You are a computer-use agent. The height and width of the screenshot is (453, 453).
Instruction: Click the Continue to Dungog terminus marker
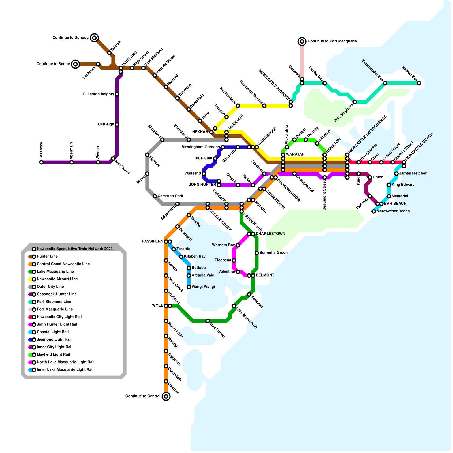(x=95, y=37)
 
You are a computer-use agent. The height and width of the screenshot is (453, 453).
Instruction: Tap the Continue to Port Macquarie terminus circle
(x=302, y=41)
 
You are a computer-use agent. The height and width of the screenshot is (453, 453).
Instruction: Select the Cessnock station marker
(x=41, y=162)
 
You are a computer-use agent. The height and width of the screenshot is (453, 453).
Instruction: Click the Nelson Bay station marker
(x=419, y=83)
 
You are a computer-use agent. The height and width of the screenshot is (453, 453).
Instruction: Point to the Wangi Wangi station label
(x=203, y=287)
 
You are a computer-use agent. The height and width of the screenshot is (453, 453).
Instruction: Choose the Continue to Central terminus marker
(x=166, y=396)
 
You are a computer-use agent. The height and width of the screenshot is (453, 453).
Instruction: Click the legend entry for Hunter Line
(x=47, y=257)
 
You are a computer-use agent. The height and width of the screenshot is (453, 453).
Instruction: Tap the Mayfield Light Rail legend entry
(x=53, y=354)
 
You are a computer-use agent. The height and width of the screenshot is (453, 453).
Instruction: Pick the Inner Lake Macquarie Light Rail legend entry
(x=65, y=369)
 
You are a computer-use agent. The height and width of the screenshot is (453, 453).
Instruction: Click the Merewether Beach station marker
(x=374, y=211)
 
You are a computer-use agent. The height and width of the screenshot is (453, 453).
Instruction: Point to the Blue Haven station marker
(x=208, y=321)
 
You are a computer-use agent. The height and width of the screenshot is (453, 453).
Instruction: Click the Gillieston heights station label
(x=99, y=94)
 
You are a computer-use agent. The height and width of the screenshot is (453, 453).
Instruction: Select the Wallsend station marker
(x=204, y=174)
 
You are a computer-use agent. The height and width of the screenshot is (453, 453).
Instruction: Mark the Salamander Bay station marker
(x=385, y=83)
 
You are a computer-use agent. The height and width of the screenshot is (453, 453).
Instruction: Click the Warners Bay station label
(x=223, y=245)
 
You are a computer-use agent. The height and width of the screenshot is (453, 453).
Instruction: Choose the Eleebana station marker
(x=234, y=260)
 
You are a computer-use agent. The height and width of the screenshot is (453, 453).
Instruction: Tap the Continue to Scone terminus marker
(x=75, y=64)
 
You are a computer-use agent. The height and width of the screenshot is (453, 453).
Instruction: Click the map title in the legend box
(x=74, y=249)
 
